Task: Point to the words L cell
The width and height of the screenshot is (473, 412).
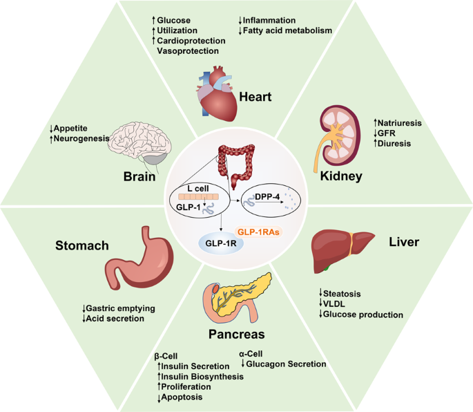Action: coord(197,188)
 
